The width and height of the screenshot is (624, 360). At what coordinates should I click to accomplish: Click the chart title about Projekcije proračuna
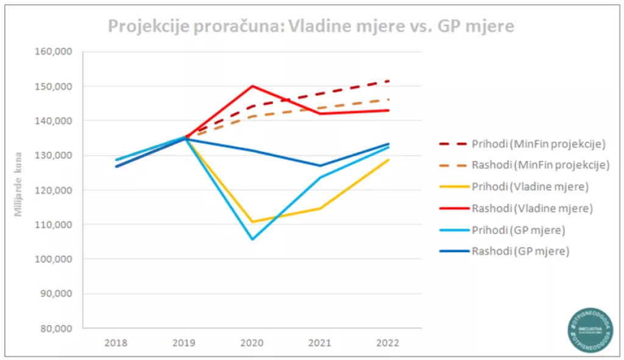(x=311, y=26)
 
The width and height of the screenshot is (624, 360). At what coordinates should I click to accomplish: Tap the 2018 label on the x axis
(x=116, y=342)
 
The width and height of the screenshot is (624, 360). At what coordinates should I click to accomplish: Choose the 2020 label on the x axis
(x=252, y=342)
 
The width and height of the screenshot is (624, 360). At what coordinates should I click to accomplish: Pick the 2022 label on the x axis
(x=388, y=342)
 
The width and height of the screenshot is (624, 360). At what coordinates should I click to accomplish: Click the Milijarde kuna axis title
(x=18, y=185)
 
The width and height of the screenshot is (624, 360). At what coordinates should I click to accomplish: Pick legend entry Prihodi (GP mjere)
(x=518, y=230)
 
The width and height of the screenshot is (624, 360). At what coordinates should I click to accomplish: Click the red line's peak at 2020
(x=252, y=86)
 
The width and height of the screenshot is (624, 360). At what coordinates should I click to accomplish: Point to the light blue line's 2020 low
(x=252, y=239)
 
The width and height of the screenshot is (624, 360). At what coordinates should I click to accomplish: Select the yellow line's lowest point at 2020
(x=252, y=222)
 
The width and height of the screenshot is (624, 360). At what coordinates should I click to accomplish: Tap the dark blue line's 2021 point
(x=320, y=166)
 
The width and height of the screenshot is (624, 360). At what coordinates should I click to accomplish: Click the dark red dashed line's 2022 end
(x=388, y=81)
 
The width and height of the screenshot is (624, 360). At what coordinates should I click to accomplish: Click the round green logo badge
(x=589, y=327)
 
